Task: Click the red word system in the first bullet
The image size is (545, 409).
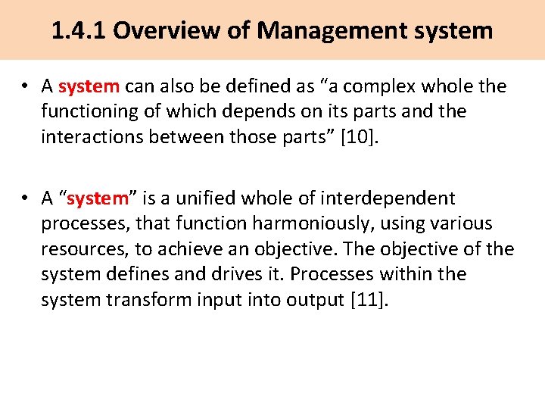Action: [x=89, y=87]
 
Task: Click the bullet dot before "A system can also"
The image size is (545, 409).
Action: [x=25, y=87]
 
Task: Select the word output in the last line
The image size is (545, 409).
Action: [x=311, y=299]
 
